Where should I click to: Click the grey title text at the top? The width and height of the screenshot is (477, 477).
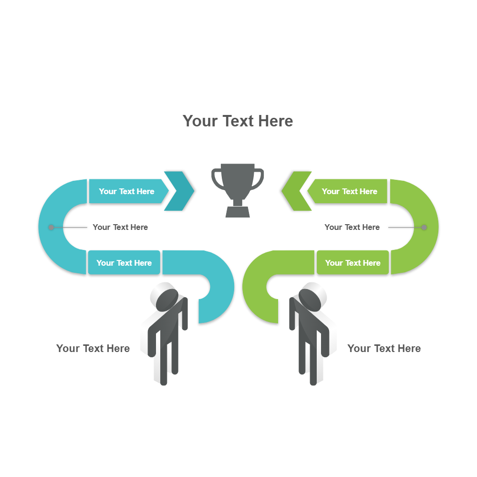tap(238, 121)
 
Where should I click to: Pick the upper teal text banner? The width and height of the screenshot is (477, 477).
tap(127, 191)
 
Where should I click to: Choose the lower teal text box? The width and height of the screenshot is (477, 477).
tap(124, 263)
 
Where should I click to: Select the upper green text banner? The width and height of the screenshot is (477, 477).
tap(349, 191)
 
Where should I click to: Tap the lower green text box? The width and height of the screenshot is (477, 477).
tap(353, 263)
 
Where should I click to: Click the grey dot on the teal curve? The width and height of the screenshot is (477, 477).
tap(51, 228)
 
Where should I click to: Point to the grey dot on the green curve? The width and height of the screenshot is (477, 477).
tap(424, 228)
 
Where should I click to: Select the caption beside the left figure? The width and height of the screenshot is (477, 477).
tap(93, 349)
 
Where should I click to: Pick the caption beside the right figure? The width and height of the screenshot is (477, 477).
tap(384, 349)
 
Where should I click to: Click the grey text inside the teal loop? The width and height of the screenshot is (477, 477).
tap(120, 228)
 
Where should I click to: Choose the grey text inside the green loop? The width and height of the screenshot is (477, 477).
tap(352, 228)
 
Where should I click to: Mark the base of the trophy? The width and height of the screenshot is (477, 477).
tap(238, 212)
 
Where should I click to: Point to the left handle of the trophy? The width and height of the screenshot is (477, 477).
tap(217, 179)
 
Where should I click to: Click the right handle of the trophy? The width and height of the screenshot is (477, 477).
tap(259, 179)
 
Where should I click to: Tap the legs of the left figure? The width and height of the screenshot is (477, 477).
tap(165, 363)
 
